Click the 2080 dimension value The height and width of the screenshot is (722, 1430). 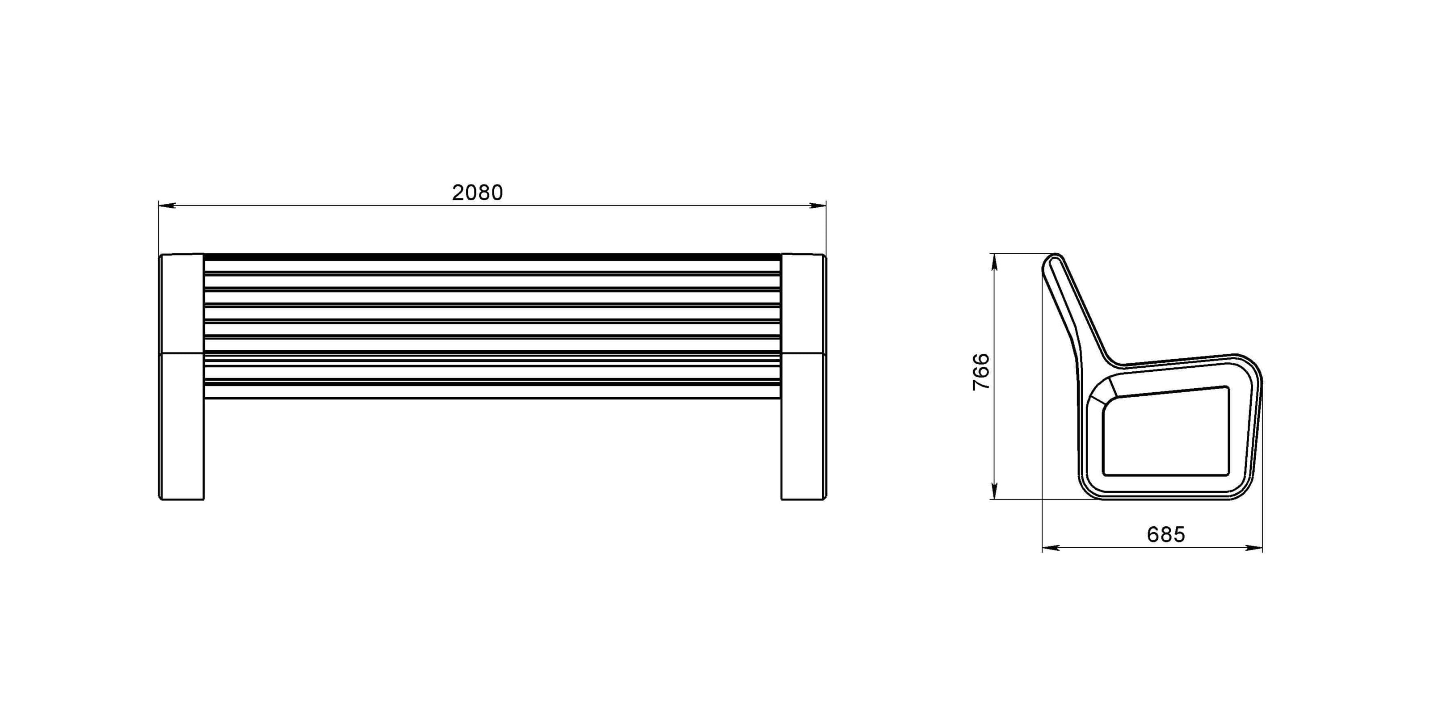pyautogui.click(x=477, y=193)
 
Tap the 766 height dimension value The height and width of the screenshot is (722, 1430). pyautogui.click(x=981, y=371)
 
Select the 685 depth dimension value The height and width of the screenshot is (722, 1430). pyautogui.click(x=1166, y=534)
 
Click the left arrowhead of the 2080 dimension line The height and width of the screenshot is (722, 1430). pyautogui.click(x=167, y=206)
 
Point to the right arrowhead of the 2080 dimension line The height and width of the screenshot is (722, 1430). pyautogui.click(x=818, y=206)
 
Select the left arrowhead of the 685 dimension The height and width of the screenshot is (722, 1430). pyautogui.click(x=1051, y=548)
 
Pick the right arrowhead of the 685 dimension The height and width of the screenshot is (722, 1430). pyautogui.click(x=1253, y=548)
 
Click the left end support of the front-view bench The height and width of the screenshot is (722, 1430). pyautogui.click(x=181, y=377)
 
